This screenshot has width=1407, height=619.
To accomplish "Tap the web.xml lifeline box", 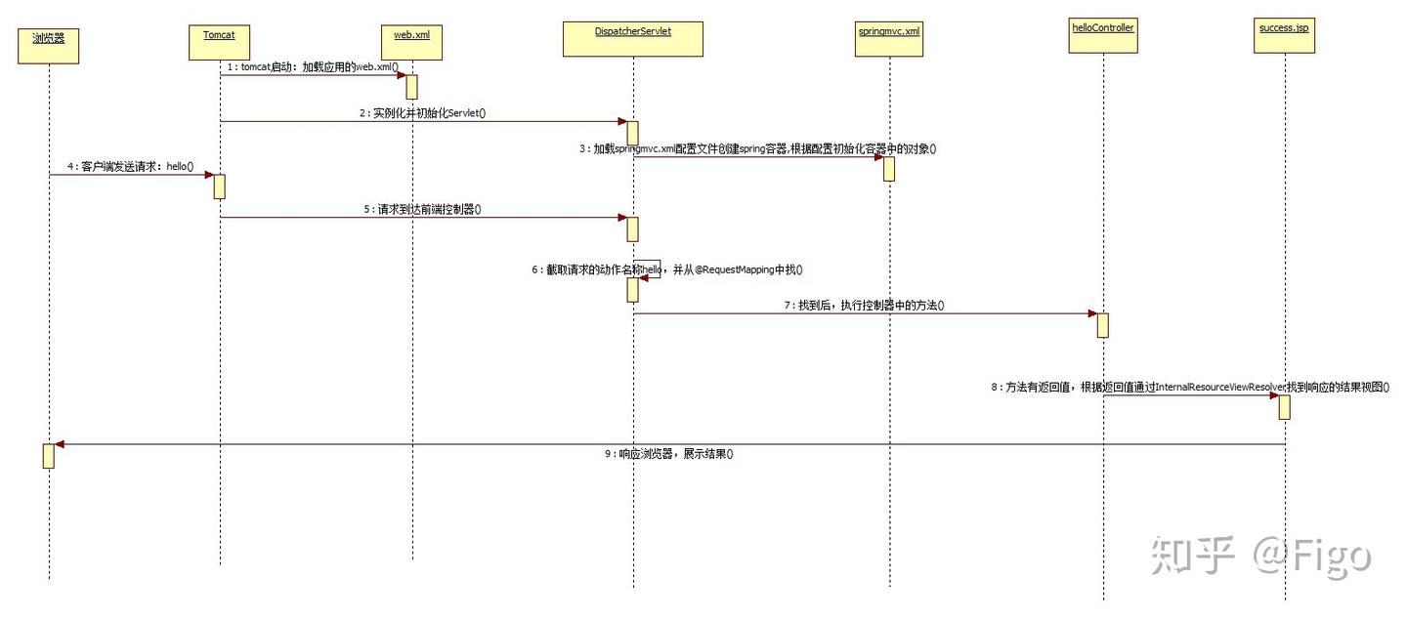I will coord(411,41).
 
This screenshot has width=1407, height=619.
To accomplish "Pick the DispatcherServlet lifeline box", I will coord(632,39).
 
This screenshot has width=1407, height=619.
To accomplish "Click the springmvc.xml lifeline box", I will coord(888,40).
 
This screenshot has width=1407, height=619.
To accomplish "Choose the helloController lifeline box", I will coord(1103,37).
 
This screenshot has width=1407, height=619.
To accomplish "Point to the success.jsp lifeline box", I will coord(1283,37).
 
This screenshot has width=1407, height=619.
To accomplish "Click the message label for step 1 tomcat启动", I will coord(313,66).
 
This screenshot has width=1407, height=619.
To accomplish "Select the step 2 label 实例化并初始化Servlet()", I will coord(423,113).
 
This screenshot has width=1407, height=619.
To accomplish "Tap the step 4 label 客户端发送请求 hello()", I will coord(131,167).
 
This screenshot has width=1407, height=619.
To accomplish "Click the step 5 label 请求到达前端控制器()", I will coord(423,209).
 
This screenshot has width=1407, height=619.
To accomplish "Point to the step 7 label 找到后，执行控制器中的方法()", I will coord(864,306).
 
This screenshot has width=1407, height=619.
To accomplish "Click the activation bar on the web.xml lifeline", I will coord(412,87).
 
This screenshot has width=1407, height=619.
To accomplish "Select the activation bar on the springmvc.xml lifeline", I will coord(889,169).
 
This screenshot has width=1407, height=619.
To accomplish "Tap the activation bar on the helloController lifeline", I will coord(1102,325).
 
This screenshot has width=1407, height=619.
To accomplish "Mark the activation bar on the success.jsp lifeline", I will coord(1284,407).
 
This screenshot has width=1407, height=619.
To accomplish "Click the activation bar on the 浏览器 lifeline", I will coord(49,456).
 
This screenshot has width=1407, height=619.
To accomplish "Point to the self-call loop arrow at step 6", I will coord(652,268).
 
